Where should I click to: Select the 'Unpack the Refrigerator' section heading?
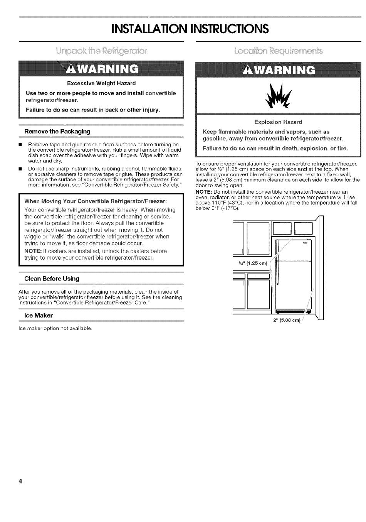point(102,51)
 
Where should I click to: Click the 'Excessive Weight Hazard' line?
point(101,83)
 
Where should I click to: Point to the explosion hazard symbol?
point(279,96)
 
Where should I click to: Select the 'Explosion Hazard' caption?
point(278,122)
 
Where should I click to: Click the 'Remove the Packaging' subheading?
point(57,132)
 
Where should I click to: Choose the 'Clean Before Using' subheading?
point(52,279)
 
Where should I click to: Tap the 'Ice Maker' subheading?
point(39,316)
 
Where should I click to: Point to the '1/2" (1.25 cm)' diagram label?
point(253,264)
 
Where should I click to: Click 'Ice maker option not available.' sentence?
point(55,329)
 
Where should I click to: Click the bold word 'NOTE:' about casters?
point(33,251)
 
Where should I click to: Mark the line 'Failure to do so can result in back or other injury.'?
point(93,110)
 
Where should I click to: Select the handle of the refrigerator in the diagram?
point(306,244)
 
